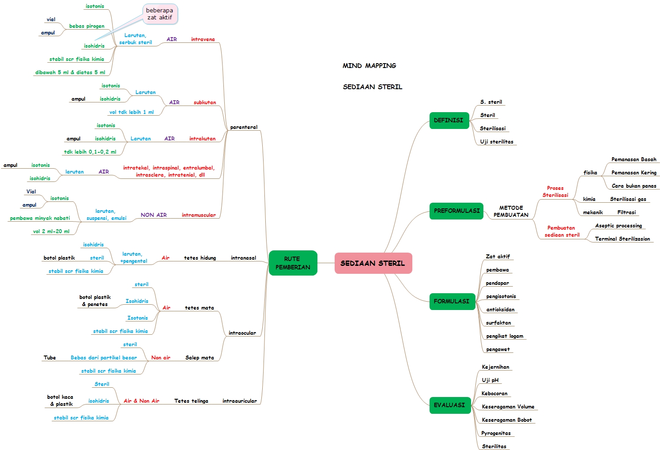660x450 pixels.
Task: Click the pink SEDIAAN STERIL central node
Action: pos(373,263)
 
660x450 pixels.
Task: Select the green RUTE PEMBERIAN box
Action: pos(293,263)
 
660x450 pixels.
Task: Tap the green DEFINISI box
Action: pos(449,120)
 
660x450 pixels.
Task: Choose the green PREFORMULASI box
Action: pos(456,211)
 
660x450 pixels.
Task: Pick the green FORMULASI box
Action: pos(452,301)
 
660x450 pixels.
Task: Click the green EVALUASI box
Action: pos(449,405)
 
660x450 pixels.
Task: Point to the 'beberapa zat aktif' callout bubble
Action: pos(160,14)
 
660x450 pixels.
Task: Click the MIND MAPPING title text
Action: pos(369,66)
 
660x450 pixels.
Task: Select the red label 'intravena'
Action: pos(203,39)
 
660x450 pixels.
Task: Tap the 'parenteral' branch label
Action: pos(244,127)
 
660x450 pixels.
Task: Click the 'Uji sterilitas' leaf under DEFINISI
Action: pos(497,142)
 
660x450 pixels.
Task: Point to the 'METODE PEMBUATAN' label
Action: pos(511,211)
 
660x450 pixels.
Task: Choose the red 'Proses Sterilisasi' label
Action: pos(555,192)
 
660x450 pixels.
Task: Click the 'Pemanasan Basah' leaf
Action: pos(634,159)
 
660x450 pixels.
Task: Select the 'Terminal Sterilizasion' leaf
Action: pos(622,239)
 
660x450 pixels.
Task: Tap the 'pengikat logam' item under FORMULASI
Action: pos(505,336)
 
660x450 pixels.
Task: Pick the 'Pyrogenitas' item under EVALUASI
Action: pos(496,433)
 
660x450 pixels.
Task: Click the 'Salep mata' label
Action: pos(200,358)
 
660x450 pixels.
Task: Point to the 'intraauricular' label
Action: pos(239,401)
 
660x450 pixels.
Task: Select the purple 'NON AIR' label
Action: pos(154,215)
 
